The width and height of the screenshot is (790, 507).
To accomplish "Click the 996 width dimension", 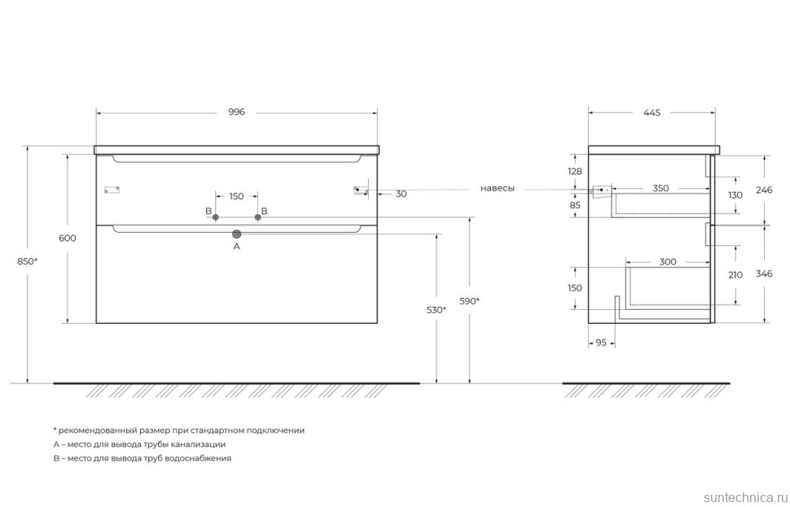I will click(236, 112).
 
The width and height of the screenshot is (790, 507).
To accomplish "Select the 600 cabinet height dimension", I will click(68, 238).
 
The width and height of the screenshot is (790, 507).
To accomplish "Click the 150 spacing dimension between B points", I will click(236, 196).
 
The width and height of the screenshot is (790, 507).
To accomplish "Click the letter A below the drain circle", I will click(237, 246).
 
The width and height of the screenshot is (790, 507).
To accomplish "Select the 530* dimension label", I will click(437, 310).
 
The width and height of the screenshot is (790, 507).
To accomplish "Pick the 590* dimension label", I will click(470, 301).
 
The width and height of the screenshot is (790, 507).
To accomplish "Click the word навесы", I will click(497, 188).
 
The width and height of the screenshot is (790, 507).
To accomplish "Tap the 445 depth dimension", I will click(651, 112).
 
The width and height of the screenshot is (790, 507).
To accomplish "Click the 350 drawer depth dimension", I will click(661, 188).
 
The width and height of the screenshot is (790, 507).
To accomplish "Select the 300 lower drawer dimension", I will click(668, 262).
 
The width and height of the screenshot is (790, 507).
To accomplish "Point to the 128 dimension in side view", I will click(575, 171).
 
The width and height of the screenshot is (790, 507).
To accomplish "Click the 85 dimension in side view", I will click(575, 206).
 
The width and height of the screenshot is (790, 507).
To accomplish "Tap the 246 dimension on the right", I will click(763, 190).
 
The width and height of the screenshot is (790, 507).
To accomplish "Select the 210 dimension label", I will click(735, 275).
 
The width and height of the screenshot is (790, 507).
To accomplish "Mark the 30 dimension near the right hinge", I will click(402, 194).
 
